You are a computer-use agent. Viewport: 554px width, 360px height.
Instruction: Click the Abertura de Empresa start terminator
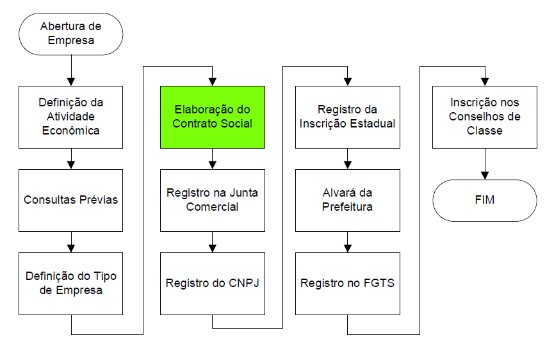[70, 34]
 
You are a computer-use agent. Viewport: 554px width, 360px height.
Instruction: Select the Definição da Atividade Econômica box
[70, 117]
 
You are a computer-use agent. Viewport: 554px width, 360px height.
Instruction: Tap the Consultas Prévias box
[70, 200]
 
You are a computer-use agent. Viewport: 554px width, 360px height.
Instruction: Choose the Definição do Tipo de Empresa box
[70, 283]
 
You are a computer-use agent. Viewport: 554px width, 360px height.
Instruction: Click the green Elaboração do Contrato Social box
[212, 117]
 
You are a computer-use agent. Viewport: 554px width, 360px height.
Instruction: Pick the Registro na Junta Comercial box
[212, 200]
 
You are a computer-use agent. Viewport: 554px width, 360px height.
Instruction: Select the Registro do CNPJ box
[212, 283]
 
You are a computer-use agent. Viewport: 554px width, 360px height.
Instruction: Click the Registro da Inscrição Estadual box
[347, 117]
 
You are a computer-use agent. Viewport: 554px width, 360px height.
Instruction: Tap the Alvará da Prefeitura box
[347, 200]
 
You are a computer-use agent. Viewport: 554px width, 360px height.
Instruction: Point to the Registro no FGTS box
[347, 283]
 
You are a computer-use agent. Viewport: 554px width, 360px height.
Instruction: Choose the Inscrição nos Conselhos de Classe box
[484, 117]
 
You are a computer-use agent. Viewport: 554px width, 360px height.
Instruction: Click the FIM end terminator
[484, 200]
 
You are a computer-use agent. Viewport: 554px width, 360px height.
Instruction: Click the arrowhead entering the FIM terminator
[484, 175]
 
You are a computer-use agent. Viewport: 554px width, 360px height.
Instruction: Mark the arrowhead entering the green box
[212, 81]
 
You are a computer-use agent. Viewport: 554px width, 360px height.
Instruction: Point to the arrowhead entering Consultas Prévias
[70, 165]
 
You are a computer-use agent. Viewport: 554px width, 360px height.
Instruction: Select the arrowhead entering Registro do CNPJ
[212, 248]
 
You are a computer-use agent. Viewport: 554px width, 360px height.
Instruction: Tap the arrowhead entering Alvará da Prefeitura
[347, 165]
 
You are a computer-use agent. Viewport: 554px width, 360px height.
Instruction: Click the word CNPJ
[244, 283]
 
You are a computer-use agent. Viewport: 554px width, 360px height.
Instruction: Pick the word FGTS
[379, 283]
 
